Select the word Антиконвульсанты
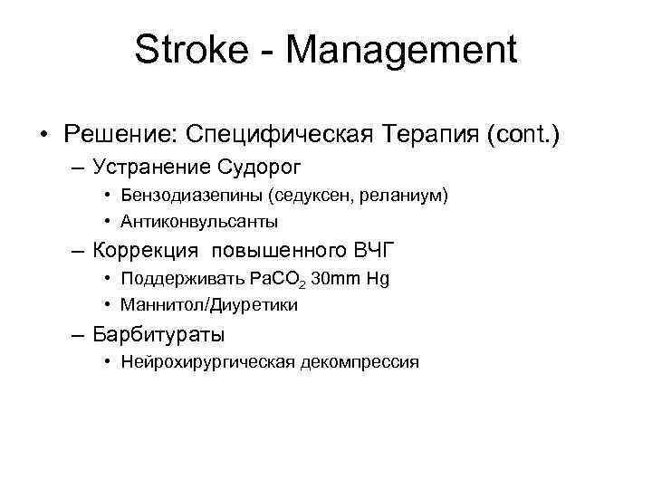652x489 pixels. [198, 221]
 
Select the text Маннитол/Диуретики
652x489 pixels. [208, 305]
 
